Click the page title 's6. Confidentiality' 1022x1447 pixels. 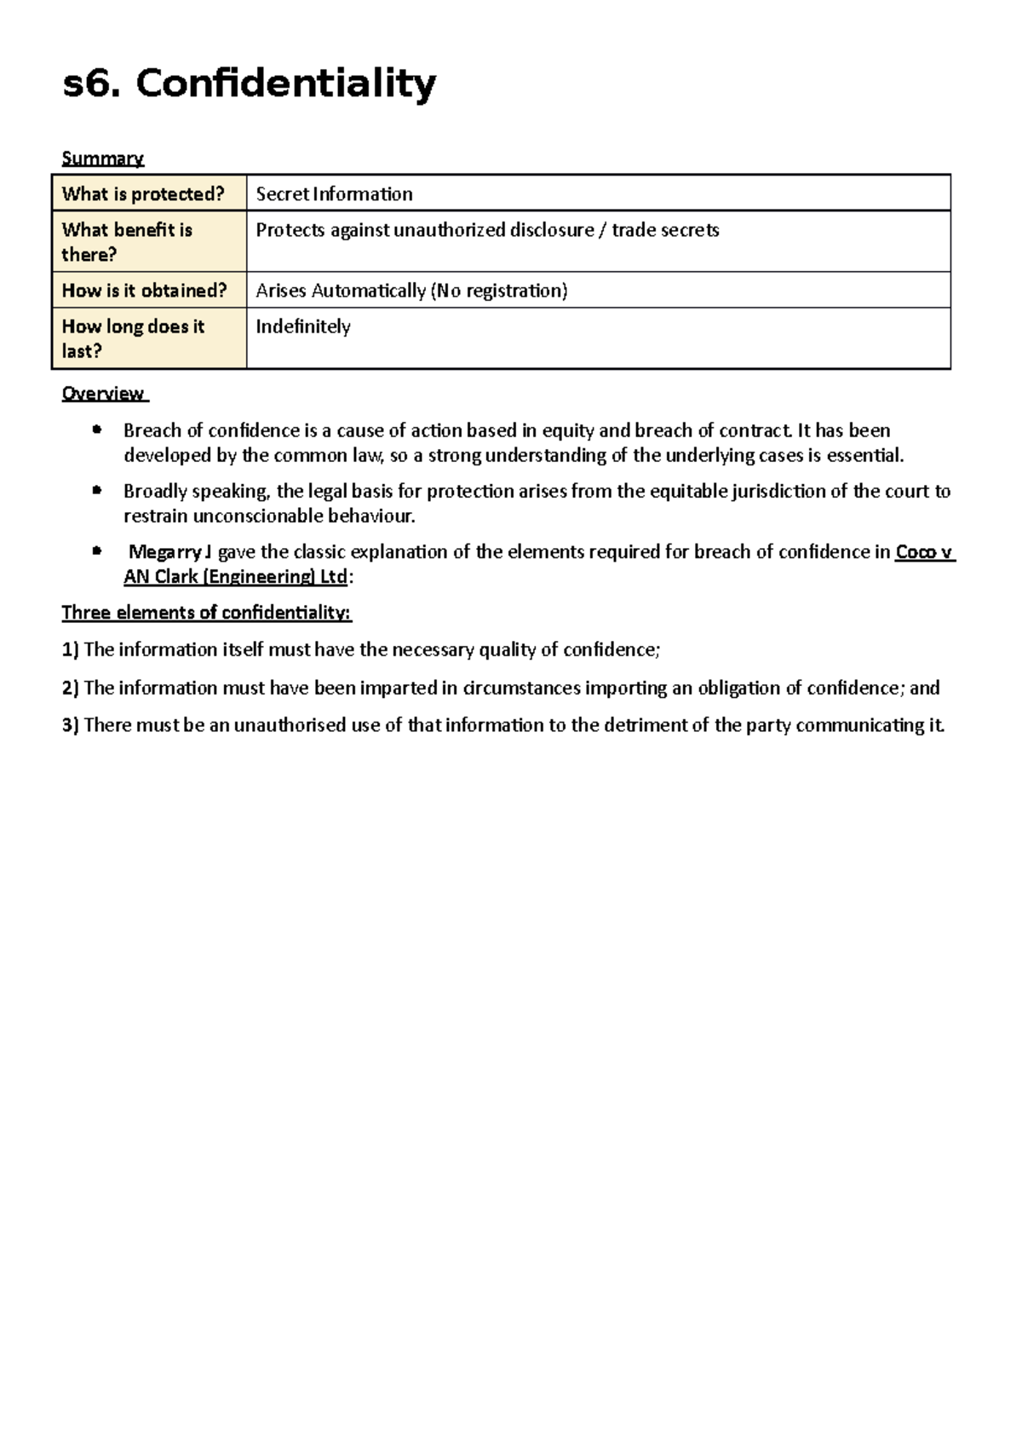250,84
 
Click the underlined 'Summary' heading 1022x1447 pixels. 103,159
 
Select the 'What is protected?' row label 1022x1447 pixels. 142,194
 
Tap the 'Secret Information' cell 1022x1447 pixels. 334,194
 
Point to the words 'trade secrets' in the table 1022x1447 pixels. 665,230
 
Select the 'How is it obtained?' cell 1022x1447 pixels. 144,291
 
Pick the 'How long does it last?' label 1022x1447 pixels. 133,338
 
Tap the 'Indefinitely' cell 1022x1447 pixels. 303,326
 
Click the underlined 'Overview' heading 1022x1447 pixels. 103,394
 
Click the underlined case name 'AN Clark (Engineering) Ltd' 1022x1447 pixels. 235,577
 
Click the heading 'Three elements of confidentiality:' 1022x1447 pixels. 206,613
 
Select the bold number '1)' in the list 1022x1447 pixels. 70,650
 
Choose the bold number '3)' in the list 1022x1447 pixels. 70,725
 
